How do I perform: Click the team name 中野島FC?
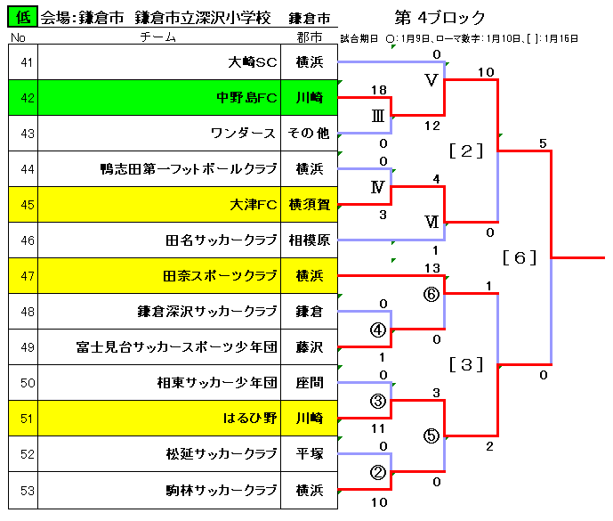(x=246, y=97)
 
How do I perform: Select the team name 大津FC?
(x=254, y=204)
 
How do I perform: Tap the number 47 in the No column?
(x=28, y=276)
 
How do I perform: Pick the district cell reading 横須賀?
(x=310, y=204)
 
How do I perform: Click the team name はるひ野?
(x=250, y=418)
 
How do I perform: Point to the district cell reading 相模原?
(x=310, y=240)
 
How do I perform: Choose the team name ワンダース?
(x=243, y=133)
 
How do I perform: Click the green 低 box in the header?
(x=22, y=16)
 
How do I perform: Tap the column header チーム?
(x=158, y=37)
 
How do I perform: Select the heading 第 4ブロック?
(x=440, y=17)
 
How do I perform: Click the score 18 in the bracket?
(x=379, y=90)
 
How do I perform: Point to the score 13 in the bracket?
(x=432, y=268)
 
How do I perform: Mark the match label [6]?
(x=520, y=257)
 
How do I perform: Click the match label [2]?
(x=466, y=151)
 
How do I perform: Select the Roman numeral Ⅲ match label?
(x=377, y=116)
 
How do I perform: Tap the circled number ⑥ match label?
(x=432, y=294)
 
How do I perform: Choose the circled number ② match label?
(x=378, y=472)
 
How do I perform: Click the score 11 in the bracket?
(x=378, y=428)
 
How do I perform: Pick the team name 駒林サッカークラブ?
(x=222, y=490)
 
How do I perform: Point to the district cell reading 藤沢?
(x=310, y=346)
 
